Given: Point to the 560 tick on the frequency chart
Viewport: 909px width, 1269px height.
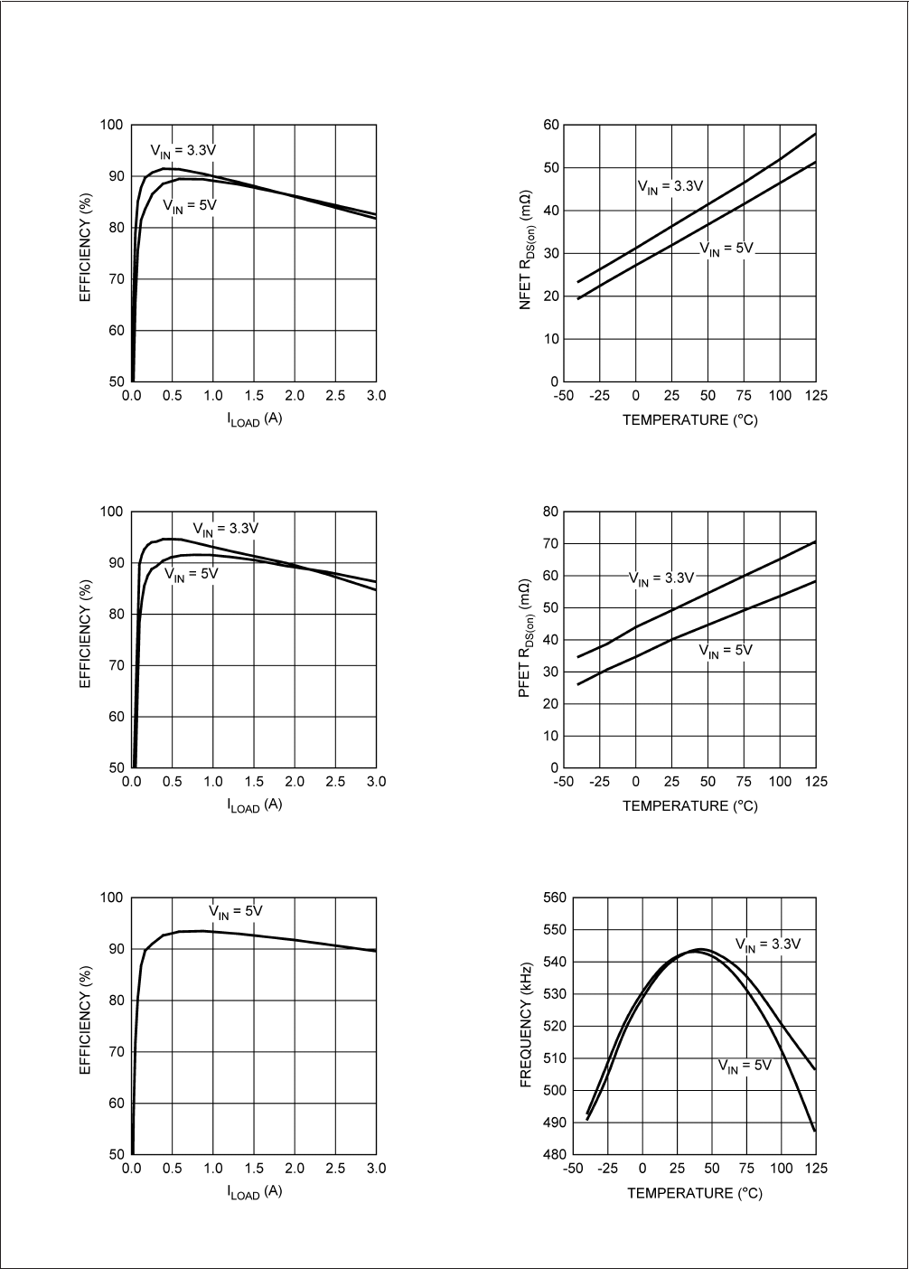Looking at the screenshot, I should [554, 898].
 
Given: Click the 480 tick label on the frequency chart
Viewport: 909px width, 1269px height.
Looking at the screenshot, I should [554, 1154].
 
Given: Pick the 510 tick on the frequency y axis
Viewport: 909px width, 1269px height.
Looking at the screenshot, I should [554, 1058].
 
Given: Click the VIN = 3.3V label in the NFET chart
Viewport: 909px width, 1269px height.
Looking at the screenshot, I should [670, 187].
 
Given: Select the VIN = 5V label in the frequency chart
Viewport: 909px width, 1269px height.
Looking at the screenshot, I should [745, 1067].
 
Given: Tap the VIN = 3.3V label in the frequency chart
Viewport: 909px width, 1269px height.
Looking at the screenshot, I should [767, 945].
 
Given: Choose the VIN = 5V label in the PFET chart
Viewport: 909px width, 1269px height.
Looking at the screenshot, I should [726, 651].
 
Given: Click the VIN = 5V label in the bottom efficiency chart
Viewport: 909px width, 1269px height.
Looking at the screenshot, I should [236, 911].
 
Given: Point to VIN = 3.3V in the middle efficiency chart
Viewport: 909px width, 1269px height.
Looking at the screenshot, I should [225, 529].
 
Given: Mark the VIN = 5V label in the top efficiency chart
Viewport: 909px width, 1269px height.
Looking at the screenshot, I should [190, 206].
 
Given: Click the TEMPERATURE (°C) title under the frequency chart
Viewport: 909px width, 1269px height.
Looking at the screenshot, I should [695, 1193].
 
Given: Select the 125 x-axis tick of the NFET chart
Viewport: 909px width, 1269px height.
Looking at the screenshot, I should [816, 396].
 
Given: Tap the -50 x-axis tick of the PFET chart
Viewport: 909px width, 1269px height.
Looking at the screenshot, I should [563, 782].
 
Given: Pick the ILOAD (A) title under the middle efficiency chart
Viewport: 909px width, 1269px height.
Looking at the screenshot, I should [254, 805].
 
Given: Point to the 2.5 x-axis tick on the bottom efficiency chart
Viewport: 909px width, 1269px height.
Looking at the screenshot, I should [335, 1169].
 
